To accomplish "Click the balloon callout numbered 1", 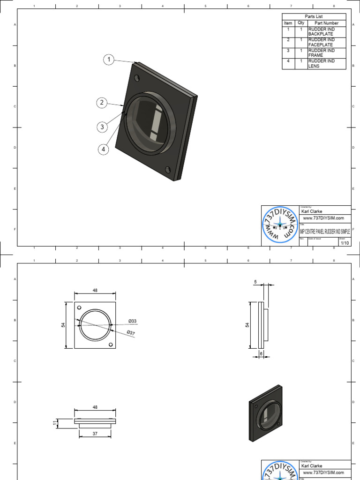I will click(109, 60).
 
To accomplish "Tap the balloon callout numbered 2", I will click(102, 103).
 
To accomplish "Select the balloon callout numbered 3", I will click(102, 127).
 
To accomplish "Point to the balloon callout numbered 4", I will click(104, 150).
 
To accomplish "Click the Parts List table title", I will click(314, 16).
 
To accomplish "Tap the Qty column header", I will click(301, 23).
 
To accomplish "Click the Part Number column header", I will click(326, 23).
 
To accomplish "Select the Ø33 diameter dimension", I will click(132, 321).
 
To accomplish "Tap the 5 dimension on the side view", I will click(256, 282).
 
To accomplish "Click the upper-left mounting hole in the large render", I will click(136, 78).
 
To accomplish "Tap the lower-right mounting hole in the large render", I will click(167, 169).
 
